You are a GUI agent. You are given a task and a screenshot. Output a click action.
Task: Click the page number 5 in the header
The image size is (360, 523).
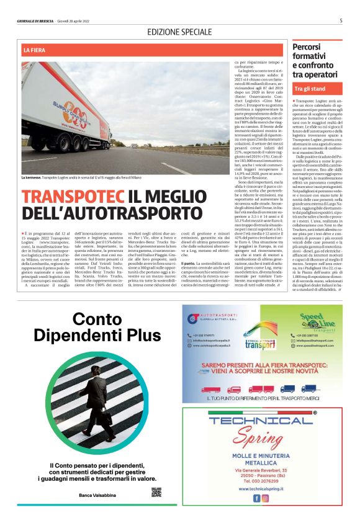[x=341, y=20]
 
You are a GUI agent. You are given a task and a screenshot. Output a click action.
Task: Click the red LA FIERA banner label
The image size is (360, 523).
[x=35, y=49]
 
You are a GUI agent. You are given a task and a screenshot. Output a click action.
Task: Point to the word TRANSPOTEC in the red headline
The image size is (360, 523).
[x=74, y=197]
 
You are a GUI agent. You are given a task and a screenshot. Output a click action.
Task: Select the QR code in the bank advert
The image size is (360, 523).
[x=156, y=493]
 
